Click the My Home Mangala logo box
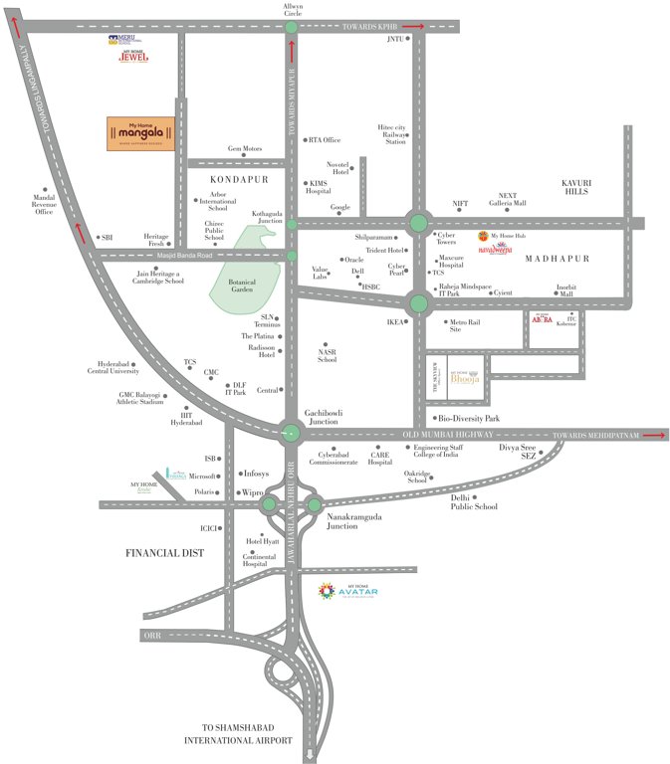[141, 134]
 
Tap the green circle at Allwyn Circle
[291, 28]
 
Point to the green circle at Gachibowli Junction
[291, 432]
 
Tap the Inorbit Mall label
[565, 289]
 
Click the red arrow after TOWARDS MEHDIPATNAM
[653, 435]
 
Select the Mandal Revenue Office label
[44, 204]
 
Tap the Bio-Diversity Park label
[469, 419]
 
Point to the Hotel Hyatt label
[262, 542]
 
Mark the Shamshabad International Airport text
[239, 733]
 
